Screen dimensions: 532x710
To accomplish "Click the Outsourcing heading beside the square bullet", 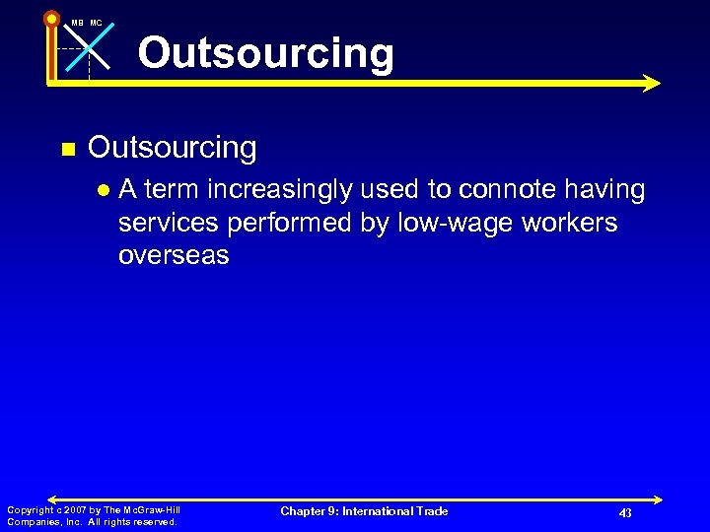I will click(173, 148).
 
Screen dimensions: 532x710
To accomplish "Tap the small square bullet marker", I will click(67, 150).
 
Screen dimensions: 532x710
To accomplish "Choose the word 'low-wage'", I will click(452, 223).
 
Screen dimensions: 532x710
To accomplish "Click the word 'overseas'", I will click(174, 255).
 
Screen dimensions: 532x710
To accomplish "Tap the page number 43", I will click(625, 513).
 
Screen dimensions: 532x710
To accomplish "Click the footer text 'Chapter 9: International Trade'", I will click(364, 511).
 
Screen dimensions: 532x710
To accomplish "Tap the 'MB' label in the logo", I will click(76, 22).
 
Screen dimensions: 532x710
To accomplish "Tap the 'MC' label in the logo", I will click(96, 22).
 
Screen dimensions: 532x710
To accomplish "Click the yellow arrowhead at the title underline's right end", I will click(650, 84).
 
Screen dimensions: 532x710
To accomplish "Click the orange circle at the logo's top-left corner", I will click(51, 18).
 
